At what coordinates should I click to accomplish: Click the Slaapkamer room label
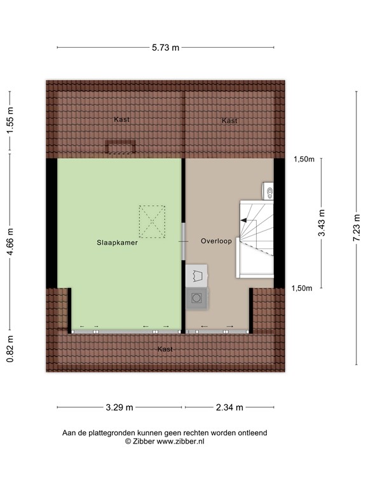(x=117, y=242)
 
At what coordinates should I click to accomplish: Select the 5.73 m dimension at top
(x=166, y=47)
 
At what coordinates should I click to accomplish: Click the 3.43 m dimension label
(x=322, y=222)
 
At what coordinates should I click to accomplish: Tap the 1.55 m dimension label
(x=10, y=119)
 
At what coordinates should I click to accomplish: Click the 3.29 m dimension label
(x=120, y=407)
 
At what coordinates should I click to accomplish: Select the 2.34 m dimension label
(x=229, y=407)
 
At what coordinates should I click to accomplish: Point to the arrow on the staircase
(x=245, y=220)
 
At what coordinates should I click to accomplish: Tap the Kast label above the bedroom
(x=122, y=119)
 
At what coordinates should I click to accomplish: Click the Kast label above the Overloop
(x=229, y=121)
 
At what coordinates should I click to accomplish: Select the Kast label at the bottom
(x=165, y=349)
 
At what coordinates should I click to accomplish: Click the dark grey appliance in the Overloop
(x=197, y=297)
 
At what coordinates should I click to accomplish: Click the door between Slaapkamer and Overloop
(x=184, y=241)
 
